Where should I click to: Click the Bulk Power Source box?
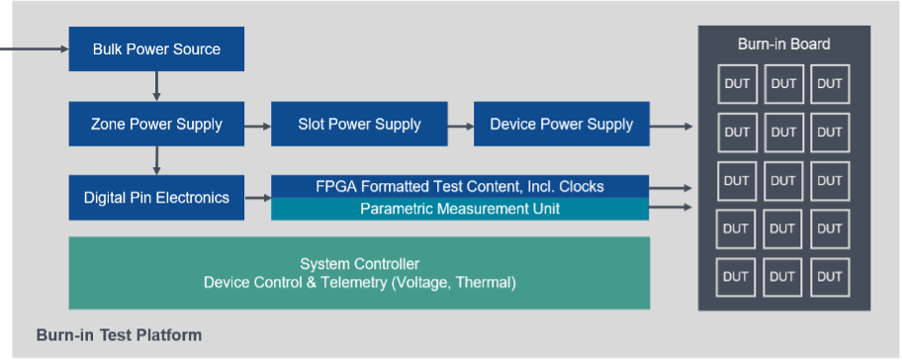[156, 48]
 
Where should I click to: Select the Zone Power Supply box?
[156, 124]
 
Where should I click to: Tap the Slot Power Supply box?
[359, 124]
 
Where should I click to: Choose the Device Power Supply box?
[562, 124]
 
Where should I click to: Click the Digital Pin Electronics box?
[156, 198]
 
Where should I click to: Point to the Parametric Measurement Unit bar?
[460, 209]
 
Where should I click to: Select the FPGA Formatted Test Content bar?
[460, 186]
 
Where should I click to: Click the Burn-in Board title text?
[784, 45]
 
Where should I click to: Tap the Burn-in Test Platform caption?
[119, 335]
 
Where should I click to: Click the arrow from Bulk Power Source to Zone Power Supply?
[156, 86]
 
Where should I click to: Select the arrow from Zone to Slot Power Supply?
[258, 126]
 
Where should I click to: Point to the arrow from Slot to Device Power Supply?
[460, 126]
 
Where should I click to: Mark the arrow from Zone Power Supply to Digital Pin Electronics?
[156, 160]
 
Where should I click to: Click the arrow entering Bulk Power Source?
[35, 48]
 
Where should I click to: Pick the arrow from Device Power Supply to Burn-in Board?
[672, 126]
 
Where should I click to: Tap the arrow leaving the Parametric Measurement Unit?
[671, 208]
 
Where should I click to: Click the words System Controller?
[360, 264]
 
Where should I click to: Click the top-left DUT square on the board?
[737, 84]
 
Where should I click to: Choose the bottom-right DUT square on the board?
[830, 277]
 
